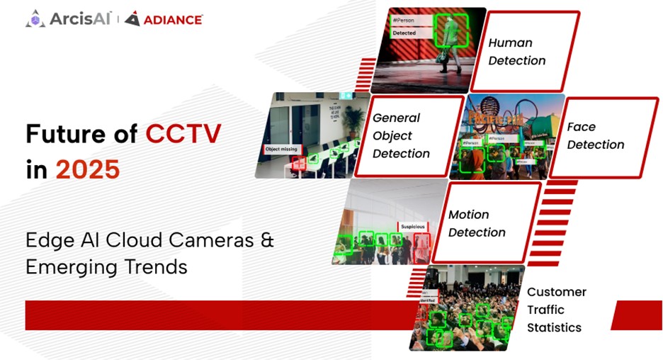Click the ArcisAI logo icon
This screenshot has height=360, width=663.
tap(35, 19)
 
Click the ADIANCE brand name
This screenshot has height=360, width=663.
tap(173, 20)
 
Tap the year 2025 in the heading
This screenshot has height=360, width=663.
tap(88, 170)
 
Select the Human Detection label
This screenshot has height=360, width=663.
tap(516, 52)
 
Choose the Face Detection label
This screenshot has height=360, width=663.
tap(595, 135)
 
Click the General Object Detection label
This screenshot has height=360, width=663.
tap(401, 135)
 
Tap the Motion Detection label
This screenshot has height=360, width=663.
tap(477, 223)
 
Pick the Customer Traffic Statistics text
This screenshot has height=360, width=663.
tap(556, 310)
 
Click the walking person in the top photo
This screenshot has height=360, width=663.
tap(448, 39)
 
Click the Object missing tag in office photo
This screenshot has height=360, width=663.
tap(281, 150)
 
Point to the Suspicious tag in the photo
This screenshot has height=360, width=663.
tap(412, 227)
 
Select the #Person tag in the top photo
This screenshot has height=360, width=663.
tap(404, 20)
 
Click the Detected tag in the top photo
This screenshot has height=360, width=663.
tap(404, 33)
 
